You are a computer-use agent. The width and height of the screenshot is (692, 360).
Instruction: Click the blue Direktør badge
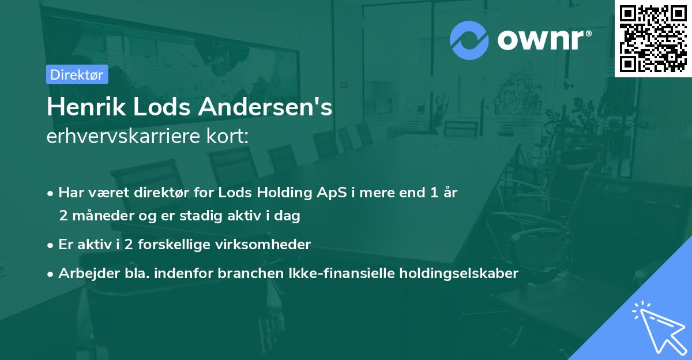[x=77, y=74]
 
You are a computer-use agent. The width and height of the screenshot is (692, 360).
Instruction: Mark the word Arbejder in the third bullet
[x=82, y=273]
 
